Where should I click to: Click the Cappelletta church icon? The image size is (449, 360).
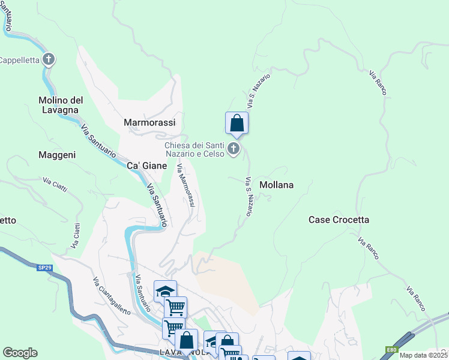(x=49, y=59)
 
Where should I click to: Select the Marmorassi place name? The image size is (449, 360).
(x=149, y=122)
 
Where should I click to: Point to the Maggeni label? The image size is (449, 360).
(x=57, y=155)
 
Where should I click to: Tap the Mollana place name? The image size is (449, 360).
(x=276, y=185)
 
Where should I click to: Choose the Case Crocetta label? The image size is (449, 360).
(x=339, y=220)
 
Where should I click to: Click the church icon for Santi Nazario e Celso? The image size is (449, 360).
(x=234, y=148)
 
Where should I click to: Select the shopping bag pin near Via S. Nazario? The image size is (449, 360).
(x=237, y=124)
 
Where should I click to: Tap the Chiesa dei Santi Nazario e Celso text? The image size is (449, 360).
(x=194, y=149)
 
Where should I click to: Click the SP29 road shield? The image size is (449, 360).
(x=44, y=268)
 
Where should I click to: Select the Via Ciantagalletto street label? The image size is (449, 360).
(x=112, y=296)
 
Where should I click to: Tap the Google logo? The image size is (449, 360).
(x=20, y=352)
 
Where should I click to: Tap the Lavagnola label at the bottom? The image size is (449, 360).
(x=186, y=353)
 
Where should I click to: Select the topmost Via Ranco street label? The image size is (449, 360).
(x=378, y=82)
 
